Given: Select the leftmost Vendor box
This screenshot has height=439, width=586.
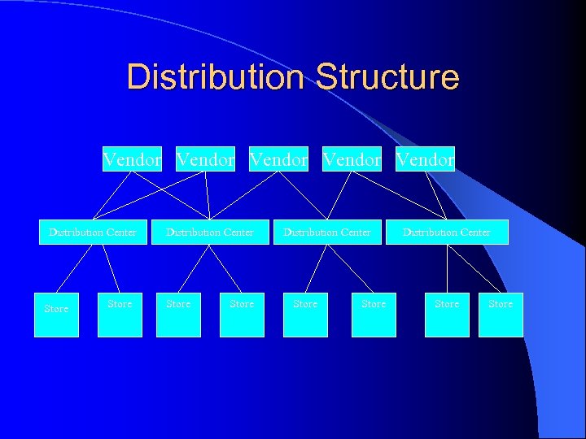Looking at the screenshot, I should [132, 159].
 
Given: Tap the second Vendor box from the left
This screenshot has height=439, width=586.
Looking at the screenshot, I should [205, 159].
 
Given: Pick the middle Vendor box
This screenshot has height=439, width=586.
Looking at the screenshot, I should [278, 159].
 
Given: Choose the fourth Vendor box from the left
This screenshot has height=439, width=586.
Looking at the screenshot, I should [352, 159].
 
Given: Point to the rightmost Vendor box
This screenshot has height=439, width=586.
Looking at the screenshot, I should [425, 159].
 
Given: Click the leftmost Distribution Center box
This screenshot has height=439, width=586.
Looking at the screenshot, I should [93, 233].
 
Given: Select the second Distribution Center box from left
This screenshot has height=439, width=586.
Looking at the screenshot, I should [210, 233].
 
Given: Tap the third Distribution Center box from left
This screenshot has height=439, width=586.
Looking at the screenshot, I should [327, 233].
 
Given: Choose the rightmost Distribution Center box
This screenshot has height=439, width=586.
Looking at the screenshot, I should [447, 233].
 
